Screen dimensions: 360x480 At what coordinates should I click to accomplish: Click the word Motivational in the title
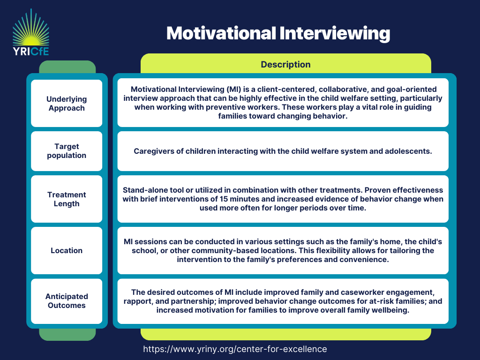pyautogui.click(x=221, y=33)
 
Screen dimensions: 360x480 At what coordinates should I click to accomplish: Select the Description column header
pyautogui.click(x=285, y=64)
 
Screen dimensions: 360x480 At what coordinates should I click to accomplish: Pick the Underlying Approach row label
pyautogui.click(x=67, y=104)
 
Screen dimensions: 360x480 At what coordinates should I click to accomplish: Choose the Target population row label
pyautogui.click(x=67, y=151)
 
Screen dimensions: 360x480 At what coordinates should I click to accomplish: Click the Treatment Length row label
pyautogui.click(x=67, y=199)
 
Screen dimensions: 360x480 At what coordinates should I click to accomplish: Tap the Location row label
pyautogui.click(x=67, y=250)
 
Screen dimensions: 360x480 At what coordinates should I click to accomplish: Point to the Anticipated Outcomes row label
pyautogui.click(x=67, y=301)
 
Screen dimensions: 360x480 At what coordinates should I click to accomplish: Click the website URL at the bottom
pyautogui.click(x=235, y=349)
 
